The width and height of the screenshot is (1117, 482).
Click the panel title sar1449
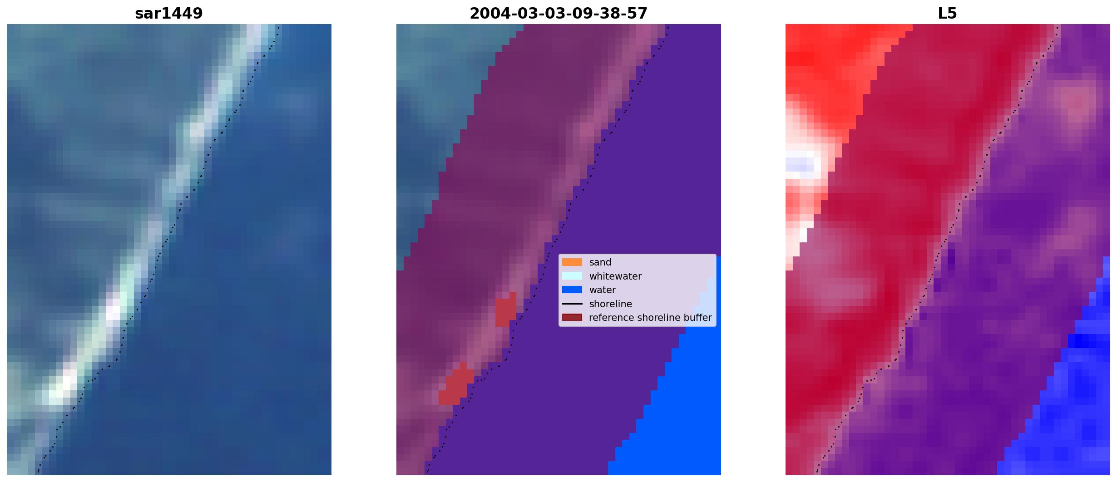pyautogui.click(x=168, y=14)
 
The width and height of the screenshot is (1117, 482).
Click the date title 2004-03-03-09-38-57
pyautogui.click(x=558, y=14)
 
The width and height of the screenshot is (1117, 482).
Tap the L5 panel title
pyautogui.click(x=947, y=14)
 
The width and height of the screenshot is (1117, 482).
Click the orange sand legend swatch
pyautogui.click(x=572, y=262)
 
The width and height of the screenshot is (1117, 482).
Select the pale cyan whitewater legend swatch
pyautogui.click(x=572, y=276)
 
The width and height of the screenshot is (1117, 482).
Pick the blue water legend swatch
pyautogui.click(x=572, y=290)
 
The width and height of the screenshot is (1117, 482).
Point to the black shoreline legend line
pyautogui.click(x=572, y=304)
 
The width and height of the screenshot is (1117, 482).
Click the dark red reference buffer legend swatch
pyautogui.click(x=572, y=318)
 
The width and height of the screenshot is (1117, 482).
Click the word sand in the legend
pyautogui.click(x=600, y=262)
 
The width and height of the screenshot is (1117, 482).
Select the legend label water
pyautogui.click(x=603, y=290)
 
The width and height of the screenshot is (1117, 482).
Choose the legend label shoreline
pyautogui.click(x=610, y=304)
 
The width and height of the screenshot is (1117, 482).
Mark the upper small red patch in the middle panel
pyautogui.click(x=505, y=310)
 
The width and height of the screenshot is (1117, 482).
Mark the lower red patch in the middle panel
pyautogui.click(x=456, y=384)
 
